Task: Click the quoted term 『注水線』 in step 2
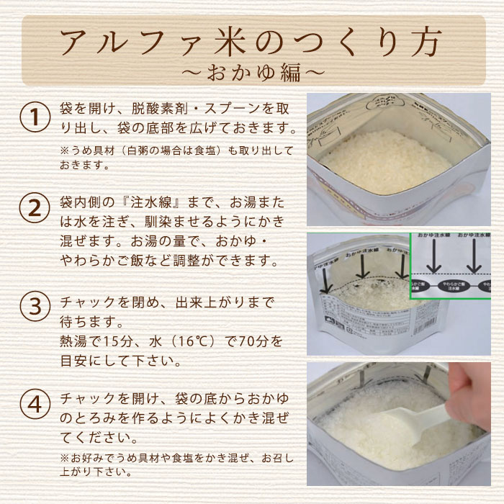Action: click(129, 199)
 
